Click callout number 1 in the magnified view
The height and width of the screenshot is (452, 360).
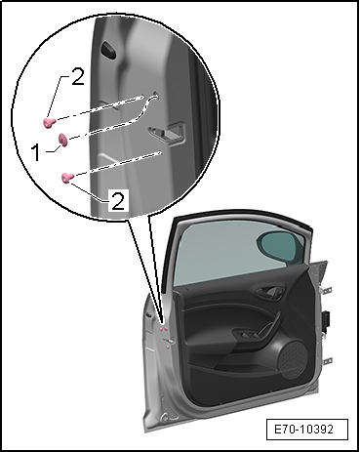coord(36,152)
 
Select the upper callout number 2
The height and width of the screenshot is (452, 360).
coord(77,77)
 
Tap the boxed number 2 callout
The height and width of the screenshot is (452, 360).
coord(117,200)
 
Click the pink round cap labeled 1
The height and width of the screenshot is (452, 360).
coord(62,140)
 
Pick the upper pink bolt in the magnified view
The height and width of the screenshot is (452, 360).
coord(49,123)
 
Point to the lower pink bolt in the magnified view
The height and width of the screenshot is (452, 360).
coord(68,178)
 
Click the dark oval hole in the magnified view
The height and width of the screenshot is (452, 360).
coord(107,50)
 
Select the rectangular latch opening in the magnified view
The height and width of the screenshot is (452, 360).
coord(167,133)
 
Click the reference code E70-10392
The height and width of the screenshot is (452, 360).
coord(303,429)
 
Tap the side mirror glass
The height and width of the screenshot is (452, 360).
coord(281,247)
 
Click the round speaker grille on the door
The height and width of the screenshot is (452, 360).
coord(293,359)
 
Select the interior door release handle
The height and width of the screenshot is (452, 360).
coord(269,292)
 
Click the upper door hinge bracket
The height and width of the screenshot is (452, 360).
coord(326,289)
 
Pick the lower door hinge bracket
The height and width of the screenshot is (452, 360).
coord(327,361)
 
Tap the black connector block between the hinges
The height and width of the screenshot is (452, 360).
coord(326,323)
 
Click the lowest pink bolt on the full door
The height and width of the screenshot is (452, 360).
coord(168,348)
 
